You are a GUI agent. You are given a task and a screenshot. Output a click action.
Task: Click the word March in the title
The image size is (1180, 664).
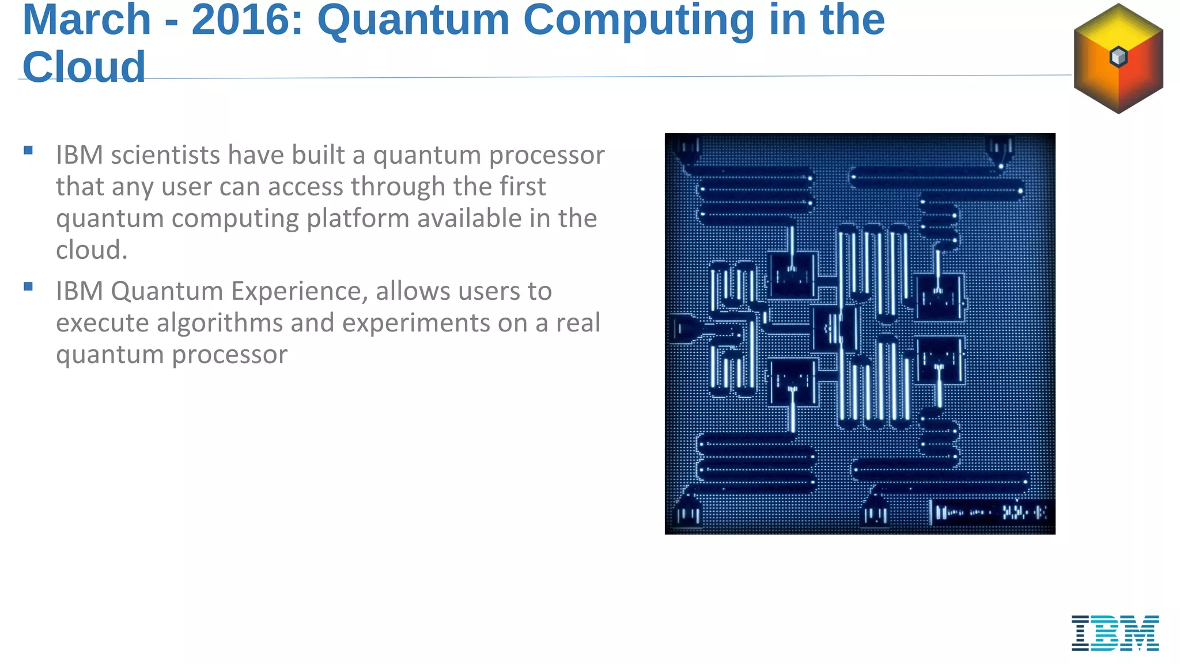pyautogui.click(x=86, y=20)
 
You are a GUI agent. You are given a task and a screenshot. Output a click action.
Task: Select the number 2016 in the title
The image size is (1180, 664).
pyautogui.click(x=247, y=20)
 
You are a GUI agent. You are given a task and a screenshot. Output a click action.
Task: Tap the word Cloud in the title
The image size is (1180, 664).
pyautogui.click(x=84, y=67)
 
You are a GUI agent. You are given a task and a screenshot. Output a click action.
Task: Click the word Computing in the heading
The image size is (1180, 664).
pyautogui.click(x=638, y=20)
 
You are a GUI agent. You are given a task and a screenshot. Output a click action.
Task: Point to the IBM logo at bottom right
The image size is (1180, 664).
pyautogui.click(x=1115, y=633)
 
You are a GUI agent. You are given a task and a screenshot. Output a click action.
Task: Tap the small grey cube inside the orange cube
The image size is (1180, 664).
pyautogui.click(x=1118, y=56)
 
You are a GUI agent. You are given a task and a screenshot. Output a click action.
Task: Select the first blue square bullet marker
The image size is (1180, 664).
pyautogui.click(x=28, y=151)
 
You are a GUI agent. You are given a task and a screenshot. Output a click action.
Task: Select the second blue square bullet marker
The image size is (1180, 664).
pyautogui.click(x=28, y=286)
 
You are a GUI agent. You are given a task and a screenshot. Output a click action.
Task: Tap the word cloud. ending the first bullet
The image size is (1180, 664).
pyautogui.click(x=91, y=251)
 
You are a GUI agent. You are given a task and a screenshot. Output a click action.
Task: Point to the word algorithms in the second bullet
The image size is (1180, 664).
pyautogui.click(x=220, y=323)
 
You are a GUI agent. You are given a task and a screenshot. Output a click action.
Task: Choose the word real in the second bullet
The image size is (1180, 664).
pyautogui.click(x=578, y=323)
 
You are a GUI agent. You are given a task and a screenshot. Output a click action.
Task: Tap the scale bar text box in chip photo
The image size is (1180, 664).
pyautogui.click(x=991, y=512)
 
